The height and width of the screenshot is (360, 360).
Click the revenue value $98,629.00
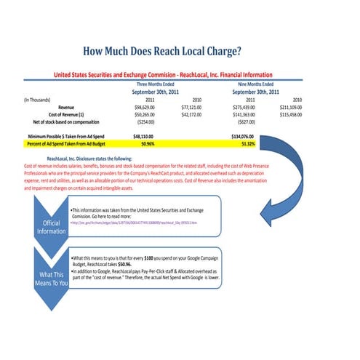pyautogui.click(x=149, y=106)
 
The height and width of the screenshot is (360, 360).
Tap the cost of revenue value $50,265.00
pyautogui.click(x=149, y=114)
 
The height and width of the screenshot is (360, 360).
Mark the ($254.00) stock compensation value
pyautogui.click(x=151, y=122)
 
